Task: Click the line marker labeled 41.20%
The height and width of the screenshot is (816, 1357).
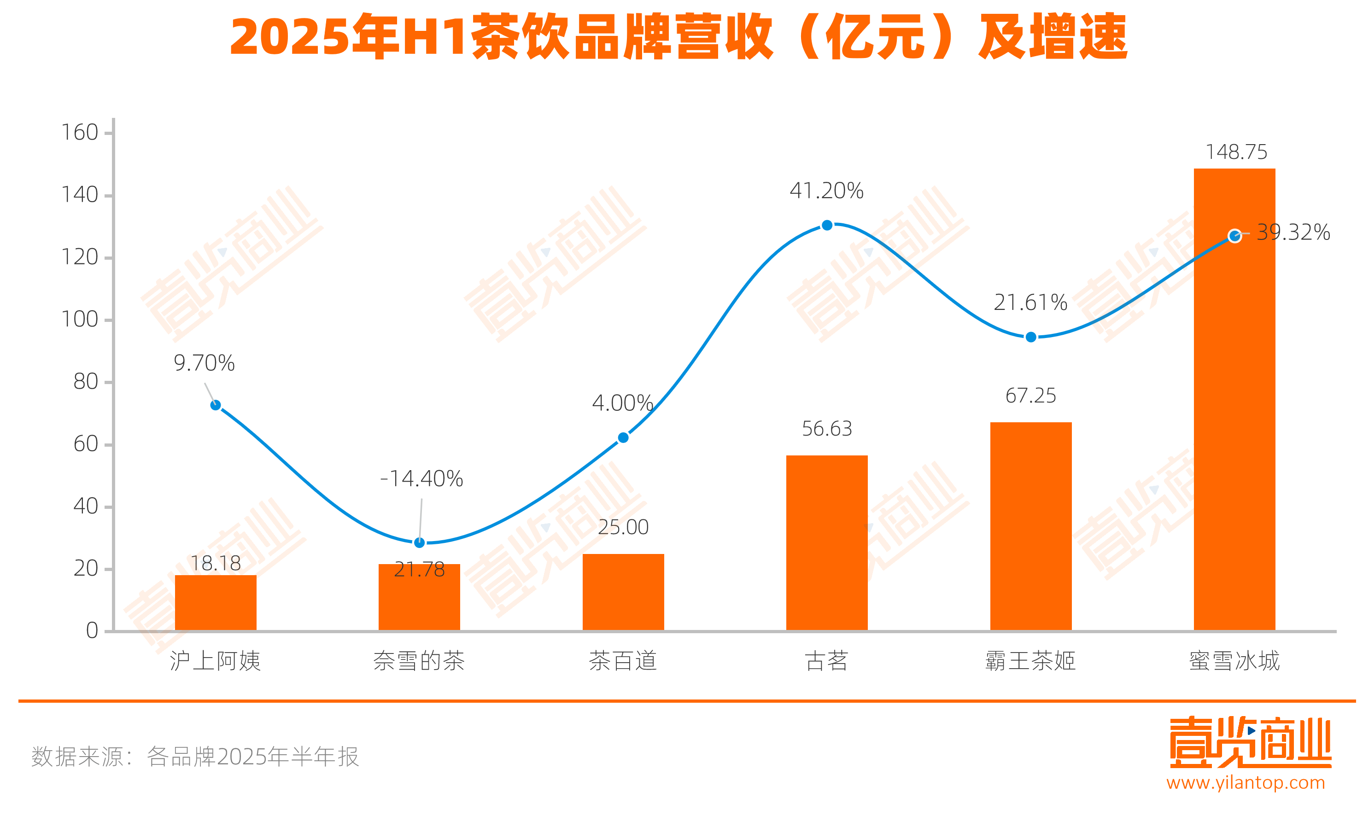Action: (826, 225)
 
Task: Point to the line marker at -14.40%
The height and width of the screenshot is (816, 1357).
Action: (419, 543)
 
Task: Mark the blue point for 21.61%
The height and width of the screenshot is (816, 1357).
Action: (1031, 337)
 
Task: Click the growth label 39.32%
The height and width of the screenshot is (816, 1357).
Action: (1293, 232)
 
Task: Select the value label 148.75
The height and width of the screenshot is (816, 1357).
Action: (1236, 152)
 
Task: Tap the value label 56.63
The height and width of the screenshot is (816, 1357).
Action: (826, 428)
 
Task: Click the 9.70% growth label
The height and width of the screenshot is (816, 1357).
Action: (204, 363)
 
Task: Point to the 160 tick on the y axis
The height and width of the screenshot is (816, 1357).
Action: (80, 133)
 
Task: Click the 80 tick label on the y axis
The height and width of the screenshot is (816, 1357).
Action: (86, 382)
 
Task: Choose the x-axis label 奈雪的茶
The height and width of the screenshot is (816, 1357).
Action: (419, 660)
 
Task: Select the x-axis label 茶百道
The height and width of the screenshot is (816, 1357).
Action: (623, 660)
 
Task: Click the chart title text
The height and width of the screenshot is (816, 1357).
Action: (678, 36)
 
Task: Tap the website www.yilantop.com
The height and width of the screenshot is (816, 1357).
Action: (1246, 782)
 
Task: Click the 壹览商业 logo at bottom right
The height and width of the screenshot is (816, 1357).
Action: (1250, 742)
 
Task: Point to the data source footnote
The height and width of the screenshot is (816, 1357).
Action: (195, 757)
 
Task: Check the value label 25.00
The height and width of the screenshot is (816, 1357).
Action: (623, 527)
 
